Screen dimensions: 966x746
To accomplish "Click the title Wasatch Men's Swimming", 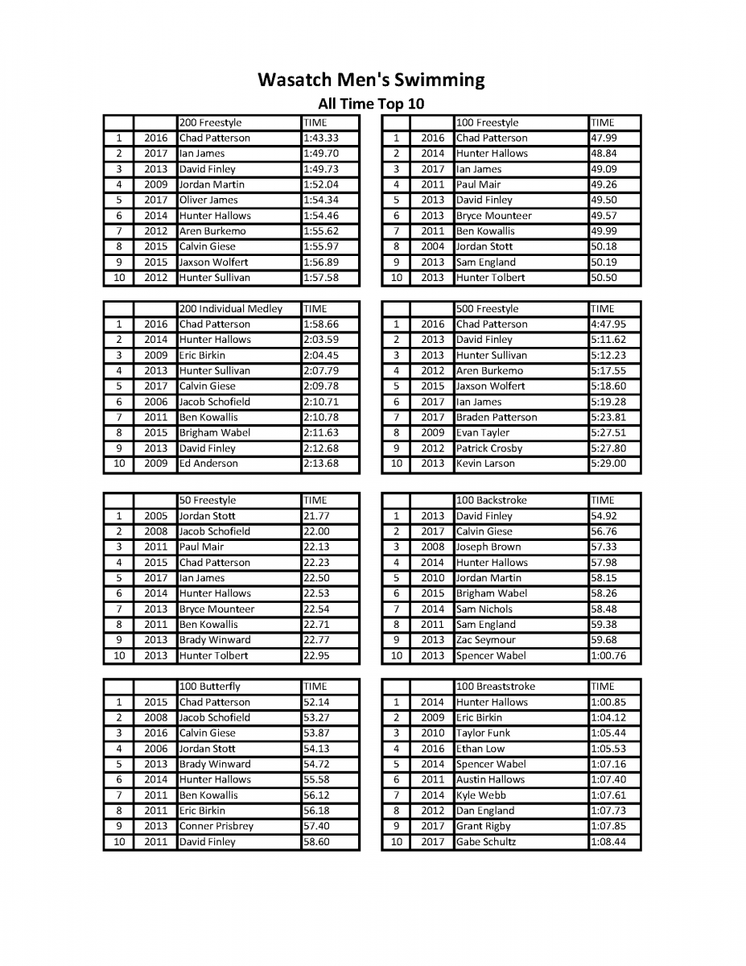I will pyautogui.click(x=371, y=80).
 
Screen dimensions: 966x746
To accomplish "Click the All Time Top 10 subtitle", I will pyautogui.click(x=371, y=104).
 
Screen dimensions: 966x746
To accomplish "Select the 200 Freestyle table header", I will pyautogui.click(x=210, y=123).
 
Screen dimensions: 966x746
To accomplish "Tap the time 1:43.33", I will pyautogui.click(x=320, y=138).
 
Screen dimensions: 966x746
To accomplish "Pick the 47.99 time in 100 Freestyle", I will pyautogui.click(x=604, y=138).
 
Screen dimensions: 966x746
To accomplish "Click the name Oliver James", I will pyautogui.click(x=208, y=200).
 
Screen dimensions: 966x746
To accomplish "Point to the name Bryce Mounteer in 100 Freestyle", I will pyautogui.click(x=493, y=216).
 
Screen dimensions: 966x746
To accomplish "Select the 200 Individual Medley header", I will pyautogui.click(x=231, y=309).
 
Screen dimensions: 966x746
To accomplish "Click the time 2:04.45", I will pyautogui.click(x=320, y=355).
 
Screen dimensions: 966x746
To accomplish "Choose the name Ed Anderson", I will pyautogui.click(x=208, y=464).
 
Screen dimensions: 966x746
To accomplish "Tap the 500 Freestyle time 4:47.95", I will pyautogui.click(x=608, y=324).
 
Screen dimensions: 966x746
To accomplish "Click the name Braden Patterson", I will pyautogui.click(x=497, y=417).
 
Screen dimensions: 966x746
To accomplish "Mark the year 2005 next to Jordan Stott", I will pyautogui.click(x=155, y=516).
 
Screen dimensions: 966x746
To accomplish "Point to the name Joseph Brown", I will pyautogui.click(x=488, y=547).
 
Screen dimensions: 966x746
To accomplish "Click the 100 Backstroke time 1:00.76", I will pyautogui.click(x=608, y=655).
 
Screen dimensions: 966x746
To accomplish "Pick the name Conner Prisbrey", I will pyautogui.click(x=216, y=826).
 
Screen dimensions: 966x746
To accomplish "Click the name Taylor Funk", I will pyautogui.click(x=483, y=733).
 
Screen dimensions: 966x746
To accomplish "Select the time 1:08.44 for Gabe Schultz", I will pyautogui.click(x=608, y=842).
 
